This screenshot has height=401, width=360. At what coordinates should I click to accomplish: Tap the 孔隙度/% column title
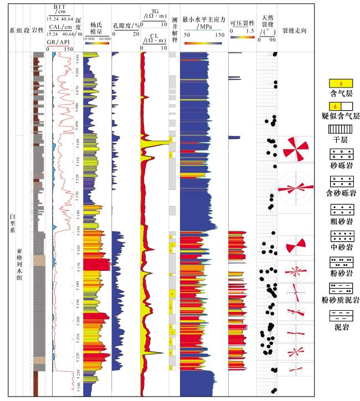126,25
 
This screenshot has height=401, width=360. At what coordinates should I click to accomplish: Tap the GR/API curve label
58,42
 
